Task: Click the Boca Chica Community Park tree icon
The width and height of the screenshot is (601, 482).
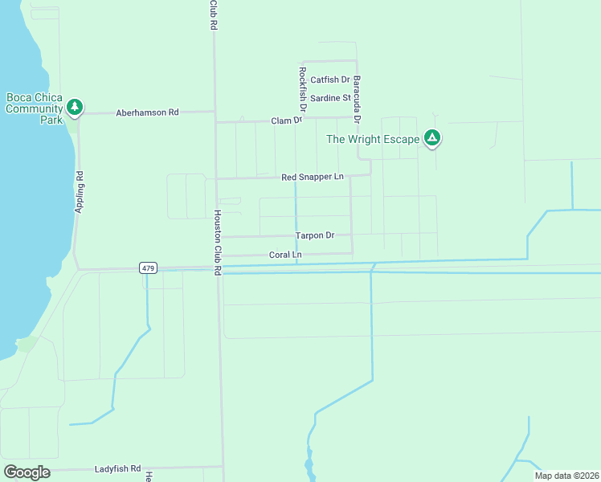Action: (75, 106)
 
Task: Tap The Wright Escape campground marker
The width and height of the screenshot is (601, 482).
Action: (432, 138)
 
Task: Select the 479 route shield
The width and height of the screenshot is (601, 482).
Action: (148, 268)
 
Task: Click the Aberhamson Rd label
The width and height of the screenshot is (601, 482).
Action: (147, 112)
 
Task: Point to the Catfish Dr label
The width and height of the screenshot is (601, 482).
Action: (330, 80)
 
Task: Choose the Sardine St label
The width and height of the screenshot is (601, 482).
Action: (330, 98)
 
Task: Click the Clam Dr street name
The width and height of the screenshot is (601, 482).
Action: (286, 120)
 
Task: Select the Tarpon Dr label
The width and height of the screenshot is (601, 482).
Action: (314, 235)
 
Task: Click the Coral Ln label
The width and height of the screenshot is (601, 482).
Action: (284, 255)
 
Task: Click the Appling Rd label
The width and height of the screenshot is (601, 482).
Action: (80, 192)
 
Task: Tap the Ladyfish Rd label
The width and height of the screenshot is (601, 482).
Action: (117, 468)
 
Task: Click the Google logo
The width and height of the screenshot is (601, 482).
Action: (27, 472)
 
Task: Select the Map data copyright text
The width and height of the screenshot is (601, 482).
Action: (566, 476)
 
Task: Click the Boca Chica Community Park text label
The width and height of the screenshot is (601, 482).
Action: (35, 108)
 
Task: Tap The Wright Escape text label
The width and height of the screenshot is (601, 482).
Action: (373, 139)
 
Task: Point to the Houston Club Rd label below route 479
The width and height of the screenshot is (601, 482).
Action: (217, 243)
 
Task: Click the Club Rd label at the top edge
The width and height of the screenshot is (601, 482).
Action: (214, 14)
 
